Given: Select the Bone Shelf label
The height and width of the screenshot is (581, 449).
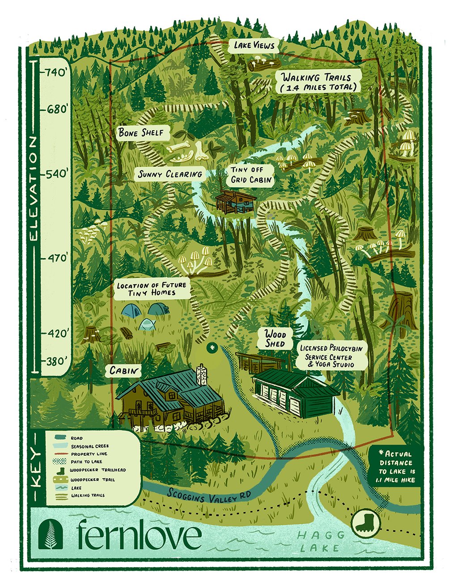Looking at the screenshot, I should point(138,133).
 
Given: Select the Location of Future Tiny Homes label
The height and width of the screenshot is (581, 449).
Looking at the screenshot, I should point(152,289).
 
